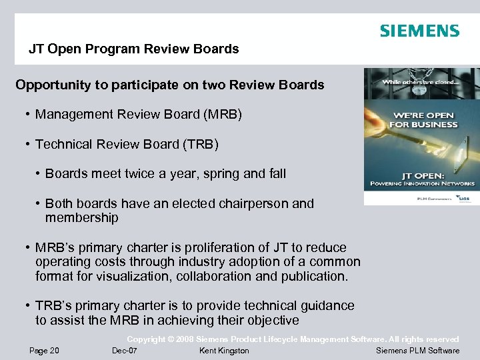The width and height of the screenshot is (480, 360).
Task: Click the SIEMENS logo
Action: click(x=419, y=31)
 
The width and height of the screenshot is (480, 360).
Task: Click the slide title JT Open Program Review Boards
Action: click(x=133, y=49)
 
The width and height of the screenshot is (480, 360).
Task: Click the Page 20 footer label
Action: click(x=44, y=351)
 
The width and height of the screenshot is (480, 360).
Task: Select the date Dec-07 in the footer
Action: click(x=125, y=351)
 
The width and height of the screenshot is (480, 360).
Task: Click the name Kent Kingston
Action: click(x=224, y=351)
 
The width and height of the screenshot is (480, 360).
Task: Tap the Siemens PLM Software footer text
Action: click(x=417, y=351)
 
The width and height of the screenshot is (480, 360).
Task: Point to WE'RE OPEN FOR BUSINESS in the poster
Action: click(x=423, y=119)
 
